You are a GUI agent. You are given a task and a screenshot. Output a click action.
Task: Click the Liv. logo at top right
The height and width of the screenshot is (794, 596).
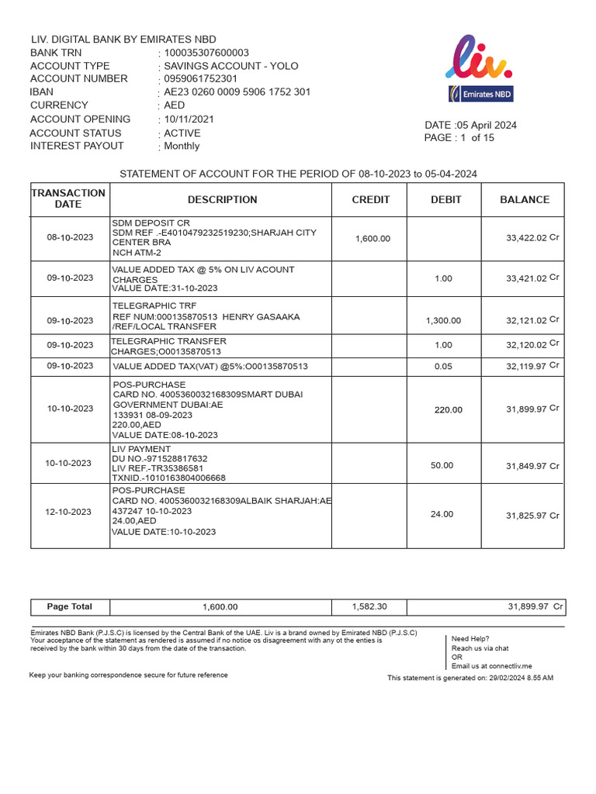pyautogui.click(x=478, y=58)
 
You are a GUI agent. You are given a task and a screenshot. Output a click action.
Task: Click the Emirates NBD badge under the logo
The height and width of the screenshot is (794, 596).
pyautogui.click(x=479, y=95)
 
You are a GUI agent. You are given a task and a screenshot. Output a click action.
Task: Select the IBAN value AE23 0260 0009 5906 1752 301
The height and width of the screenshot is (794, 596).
pyautogui.click(x=237, y=91)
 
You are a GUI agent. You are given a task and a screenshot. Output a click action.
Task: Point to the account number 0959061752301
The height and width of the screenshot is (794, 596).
pyautogui.click(x=200, y=79)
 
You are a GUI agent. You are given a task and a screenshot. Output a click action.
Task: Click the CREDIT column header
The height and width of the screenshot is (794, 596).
pyautogui.click(x=370, y=199)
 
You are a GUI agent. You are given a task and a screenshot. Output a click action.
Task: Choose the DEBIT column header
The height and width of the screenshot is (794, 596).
pyautogui.click(x=445, y=199)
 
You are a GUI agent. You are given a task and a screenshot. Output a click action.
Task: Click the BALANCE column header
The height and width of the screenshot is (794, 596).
pyautogui.click(x=524, y=199)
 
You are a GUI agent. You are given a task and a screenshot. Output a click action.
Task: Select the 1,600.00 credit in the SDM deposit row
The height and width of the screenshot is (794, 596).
pyautogui.click(x=372, y=239)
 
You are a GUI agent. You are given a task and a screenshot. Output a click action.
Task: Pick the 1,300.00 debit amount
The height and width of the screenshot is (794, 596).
pyautogui.click(x=443, y=320)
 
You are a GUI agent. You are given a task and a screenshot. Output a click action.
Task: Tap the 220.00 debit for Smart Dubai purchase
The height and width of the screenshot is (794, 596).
pyautogui.click(x=448, y=410)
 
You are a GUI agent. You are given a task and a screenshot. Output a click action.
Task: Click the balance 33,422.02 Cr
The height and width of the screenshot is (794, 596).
pyautogui.click(x=532, y=238)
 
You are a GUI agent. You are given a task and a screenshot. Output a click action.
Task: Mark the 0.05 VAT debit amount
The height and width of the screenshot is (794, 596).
pyautogui.click(x=443, y=366)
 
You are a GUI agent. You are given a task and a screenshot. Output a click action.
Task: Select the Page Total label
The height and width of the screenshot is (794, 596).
pyautogui.click(x=70, y=606)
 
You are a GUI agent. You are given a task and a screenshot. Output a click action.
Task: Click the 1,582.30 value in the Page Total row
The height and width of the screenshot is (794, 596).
pyautogui.click(x=369, y=606)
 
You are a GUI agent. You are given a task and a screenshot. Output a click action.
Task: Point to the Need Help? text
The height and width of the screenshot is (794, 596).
pyautogui.click(x=470, y=639)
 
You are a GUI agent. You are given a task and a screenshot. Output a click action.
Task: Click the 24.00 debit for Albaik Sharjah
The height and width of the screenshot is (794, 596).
pyautogui.click(x=442, y=514)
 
